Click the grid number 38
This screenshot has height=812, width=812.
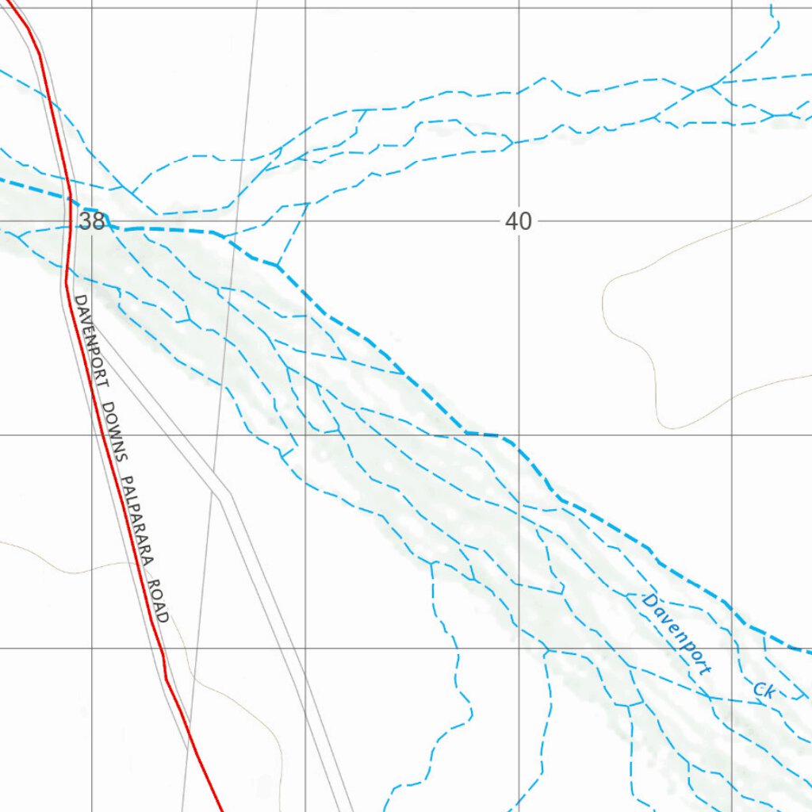(x=91, y=222)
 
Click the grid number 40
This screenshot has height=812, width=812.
(x=518, y=222)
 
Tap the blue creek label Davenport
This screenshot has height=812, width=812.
(x=676, y=634)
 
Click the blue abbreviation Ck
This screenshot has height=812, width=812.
(x=764, y=690)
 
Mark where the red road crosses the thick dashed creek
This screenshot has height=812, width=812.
(x=70, y=199)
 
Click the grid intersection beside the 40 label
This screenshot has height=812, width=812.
(x=519, y=222)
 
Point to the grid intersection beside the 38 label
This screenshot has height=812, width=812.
(x=92, y=222)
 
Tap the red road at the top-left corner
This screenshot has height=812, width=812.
(x=10, y=4)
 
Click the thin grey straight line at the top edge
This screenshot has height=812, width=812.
(x=258, y=5)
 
